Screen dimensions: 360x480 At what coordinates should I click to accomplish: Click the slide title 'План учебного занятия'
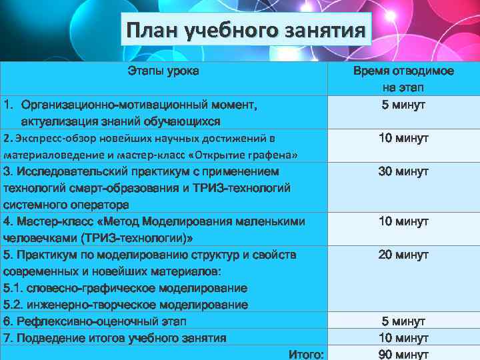tap(246, 31)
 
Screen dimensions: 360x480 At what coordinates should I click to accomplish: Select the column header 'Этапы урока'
tap(163, 71)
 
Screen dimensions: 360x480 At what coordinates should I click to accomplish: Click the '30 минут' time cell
tap(403, 171)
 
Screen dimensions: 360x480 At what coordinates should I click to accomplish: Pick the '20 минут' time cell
tap(403, 255)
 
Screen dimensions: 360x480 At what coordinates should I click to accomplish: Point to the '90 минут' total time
tap(403, 354)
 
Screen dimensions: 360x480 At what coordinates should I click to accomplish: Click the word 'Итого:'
tap(307, 354)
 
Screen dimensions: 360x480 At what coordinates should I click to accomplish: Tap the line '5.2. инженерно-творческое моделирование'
tap(126, 305)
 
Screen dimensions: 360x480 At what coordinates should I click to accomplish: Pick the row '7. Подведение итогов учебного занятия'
tap(114, 338)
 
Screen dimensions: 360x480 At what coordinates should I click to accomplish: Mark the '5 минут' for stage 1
tap(403, 105)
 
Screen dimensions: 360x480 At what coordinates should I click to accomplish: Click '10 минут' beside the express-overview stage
tap(403, 138)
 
